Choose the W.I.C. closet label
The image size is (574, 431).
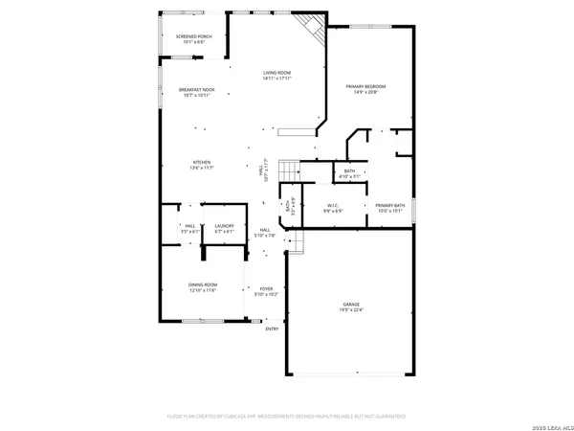point(334,205)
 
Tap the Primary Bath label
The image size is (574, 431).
point(389,205)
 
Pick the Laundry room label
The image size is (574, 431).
point(224,228)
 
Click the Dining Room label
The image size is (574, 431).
point(202,286)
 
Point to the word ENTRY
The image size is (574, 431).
point(272,329)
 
